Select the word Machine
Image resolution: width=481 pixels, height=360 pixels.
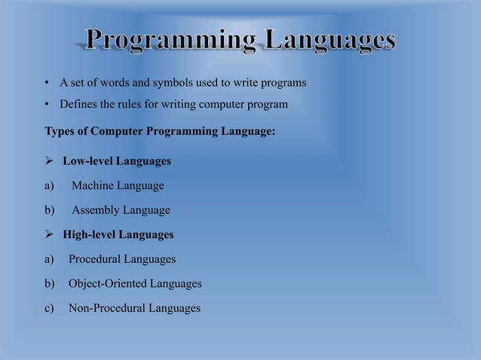point(96,185)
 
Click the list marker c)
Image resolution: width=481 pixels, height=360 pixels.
point(50,308)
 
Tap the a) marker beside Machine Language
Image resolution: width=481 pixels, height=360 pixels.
point(50,185)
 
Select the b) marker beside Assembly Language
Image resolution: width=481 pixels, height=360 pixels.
point(50,210)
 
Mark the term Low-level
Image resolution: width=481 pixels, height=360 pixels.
point(85,161)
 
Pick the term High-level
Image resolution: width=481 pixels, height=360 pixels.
point(87,234)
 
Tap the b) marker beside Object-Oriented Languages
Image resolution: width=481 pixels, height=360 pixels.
point(50,284)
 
